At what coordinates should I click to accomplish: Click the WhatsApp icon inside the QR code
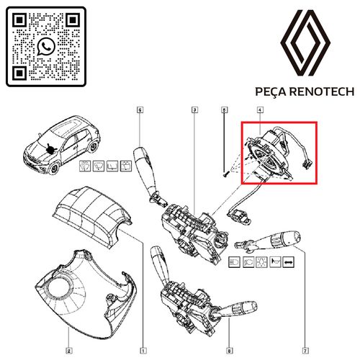click(x=46, y=46)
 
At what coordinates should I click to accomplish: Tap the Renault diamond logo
click(x=305, y=43)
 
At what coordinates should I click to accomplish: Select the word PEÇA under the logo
click(x=271, y=92)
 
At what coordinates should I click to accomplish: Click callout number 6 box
click(x=140, y=110)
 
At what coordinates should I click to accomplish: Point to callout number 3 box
click(x=194, y=110)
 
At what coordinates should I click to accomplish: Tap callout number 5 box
click(x=224, y=110)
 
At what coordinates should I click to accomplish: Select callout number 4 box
click(x=260, y=110)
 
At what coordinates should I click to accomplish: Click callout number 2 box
click(x=68, y=351)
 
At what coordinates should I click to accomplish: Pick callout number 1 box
click(x=143, y=351)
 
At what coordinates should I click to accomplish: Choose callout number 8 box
click(x=229, y=351)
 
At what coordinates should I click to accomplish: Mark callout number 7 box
click(x=305, y=351)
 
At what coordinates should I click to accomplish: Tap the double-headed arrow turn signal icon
click(x=288, y=262)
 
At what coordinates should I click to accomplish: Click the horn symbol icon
click(x=275, y=262)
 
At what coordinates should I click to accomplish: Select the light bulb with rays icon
click(x=261, y=262)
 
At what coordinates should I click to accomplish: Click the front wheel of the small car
click(x=54, y=168)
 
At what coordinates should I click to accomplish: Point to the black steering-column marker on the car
click(x=50, y=148)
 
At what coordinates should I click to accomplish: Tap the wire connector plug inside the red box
click(x=306, y=165)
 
